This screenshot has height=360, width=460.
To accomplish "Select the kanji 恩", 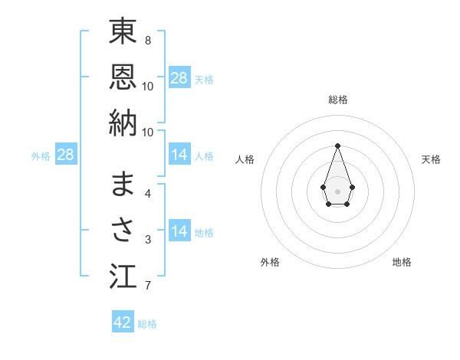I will pyautogui.click(x=123, y=77).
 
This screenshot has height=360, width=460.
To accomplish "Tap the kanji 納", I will pyautogui.click(x=123, y=123).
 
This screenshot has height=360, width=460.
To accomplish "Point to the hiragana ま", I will pyautogui.click(x=123, y=185).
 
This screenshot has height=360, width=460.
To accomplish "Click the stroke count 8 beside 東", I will pyautogui.click(x=148, y=40).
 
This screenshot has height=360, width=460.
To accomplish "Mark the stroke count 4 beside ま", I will pyautogui.click(x=148, y=193).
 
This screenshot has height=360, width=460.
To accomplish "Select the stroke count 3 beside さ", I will pyautogui.click(x=148, y=240).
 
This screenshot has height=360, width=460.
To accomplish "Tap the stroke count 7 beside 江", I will pyautogui.click(x=148, y=286).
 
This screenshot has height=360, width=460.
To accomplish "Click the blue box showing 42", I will pyautogui.click(x=123, y=322).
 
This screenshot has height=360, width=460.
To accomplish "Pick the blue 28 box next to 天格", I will pyautogui.click(x=179, y=77).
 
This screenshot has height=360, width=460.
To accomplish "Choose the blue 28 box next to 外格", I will pyautogui.click(x=66, y=155).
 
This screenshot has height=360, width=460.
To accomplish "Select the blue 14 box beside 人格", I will pyautogui.click(x=179, y=155).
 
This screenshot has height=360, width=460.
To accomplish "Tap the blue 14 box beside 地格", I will pyautogui.click(x=179, y=231).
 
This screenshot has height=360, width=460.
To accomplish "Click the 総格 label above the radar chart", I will pyautogui.click(x=337, y=100).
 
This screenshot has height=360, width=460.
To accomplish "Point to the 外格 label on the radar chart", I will pyautogui.click(x=270, y=262).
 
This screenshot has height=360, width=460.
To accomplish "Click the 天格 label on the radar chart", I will pyautogui.click(x=431, y=159).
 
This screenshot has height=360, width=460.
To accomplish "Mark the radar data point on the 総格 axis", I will pyautogui.click(x=337, y=146).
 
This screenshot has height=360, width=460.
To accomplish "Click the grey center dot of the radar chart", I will pyautogui.click(x=337, y=190).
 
